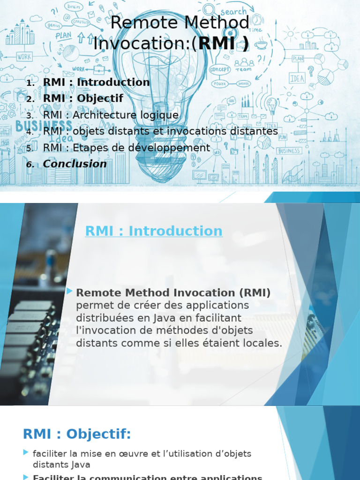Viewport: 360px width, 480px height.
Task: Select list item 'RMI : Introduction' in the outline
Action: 96,82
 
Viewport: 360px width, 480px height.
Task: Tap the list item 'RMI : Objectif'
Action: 83,98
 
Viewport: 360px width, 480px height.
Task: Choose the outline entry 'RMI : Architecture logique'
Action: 111,115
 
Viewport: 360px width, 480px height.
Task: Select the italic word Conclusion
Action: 75,164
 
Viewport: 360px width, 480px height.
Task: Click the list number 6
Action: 30,165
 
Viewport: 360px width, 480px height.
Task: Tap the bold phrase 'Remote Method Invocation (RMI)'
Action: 173,293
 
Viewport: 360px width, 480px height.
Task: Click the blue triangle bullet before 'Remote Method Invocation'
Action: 70,292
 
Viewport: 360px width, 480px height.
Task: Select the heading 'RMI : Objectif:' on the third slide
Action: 77,435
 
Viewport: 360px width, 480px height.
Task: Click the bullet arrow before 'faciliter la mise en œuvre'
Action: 26,452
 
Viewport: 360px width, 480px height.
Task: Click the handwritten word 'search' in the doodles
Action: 233,11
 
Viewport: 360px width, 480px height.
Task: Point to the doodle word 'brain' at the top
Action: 74,7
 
